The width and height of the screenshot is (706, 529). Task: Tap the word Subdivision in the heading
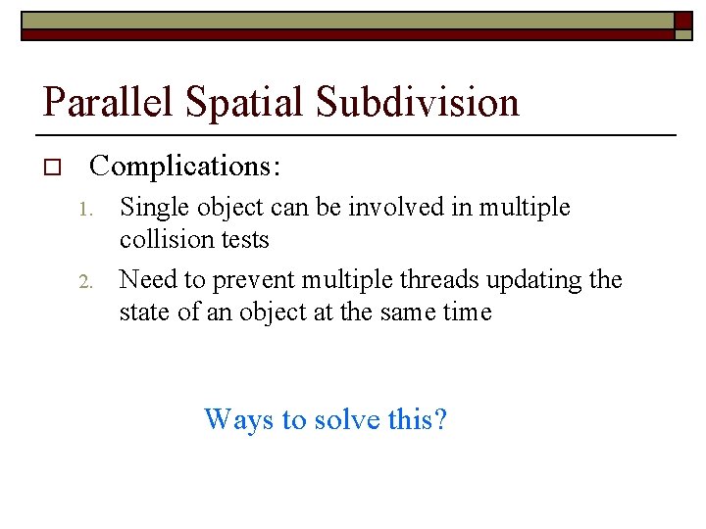pyautogui.click(x=420, y=102)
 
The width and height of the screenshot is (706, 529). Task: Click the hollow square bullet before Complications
pyautogui.click(x=53, y=168)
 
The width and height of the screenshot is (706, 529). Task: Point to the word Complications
pyautogui.click(x=185, y=167)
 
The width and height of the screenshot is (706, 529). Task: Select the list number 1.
pyautogui.click(x=85, y=209)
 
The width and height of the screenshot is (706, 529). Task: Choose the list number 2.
pyautogui.click(x=85, y=281)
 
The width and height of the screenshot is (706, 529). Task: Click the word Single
pyautogui.click(x=151, y=208)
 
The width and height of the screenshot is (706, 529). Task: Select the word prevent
pyautogui.click(x=247, y=280)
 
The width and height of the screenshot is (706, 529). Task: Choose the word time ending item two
pyautogui.click(x=464, y=313)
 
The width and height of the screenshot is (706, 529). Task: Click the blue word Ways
pyautogui.click(x=239, y=419)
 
